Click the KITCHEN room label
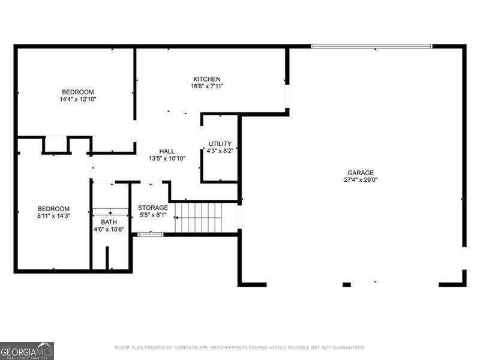coord(207,79)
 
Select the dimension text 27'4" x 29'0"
coord(361,180)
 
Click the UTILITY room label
coord(220,143)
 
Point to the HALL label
coord(167,151)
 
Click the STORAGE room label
coord(153,208)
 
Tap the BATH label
coord(109,222)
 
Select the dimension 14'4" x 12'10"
coord(78,99)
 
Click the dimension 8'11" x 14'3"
coord(54,216)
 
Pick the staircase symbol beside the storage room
coord(198,217)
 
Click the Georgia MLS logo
coord(27,350)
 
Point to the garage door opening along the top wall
coord(371,46)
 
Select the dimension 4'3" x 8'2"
coord(220,151)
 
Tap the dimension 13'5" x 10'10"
coord(167,159)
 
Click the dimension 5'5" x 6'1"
coord(153,215)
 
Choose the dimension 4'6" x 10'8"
coord(109,229)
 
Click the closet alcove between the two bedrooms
coord(56,145)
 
